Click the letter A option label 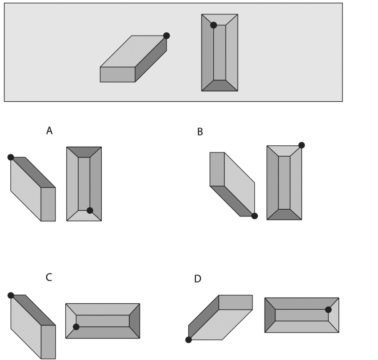point(49,131)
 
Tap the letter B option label point(200,132)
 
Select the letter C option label point(49,278)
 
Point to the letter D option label point(198,279)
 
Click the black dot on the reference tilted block point(166,36)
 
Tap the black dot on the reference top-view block point(213,25)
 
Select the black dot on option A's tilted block point(11,157)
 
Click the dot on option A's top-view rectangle point(90,210)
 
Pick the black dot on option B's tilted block point(254,216)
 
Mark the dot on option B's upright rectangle point(301,145)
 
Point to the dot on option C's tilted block point(11,295)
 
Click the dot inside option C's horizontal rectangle point(76,327)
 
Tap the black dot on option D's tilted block point(189,340)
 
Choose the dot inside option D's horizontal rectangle point(328,310)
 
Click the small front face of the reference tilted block point(117,75)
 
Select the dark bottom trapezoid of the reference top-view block point(220,86)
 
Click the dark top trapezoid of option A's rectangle point(84,152)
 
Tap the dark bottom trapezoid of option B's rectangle point(284,215)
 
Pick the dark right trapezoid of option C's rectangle point(135,321)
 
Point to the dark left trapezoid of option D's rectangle point(270,315)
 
